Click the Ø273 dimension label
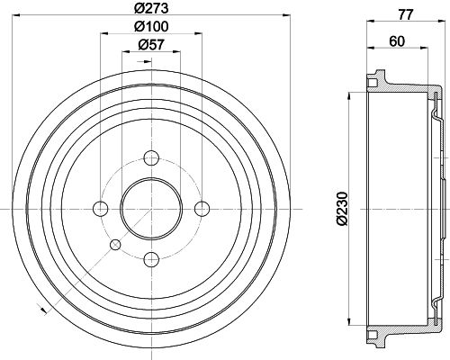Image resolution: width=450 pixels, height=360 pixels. [151, 8]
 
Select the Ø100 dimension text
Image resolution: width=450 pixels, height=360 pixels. [151, 26]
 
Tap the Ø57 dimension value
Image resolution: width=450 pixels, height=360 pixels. [151, 45]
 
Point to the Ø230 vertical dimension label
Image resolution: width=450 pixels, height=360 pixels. [342, 209]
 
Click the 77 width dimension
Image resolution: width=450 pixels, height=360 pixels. [406, 14]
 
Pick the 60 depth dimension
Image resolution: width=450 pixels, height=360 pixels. [397, 41]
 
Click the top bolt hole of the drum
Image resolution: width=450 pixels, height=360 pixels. [151, 157]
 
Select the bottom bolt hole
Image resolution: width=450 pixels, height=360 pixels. [151, 259]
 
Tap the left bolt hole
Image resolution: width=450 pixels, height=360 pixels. [100, 209]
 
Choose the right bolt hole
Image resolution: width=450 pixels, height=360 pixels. [202, 209]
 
